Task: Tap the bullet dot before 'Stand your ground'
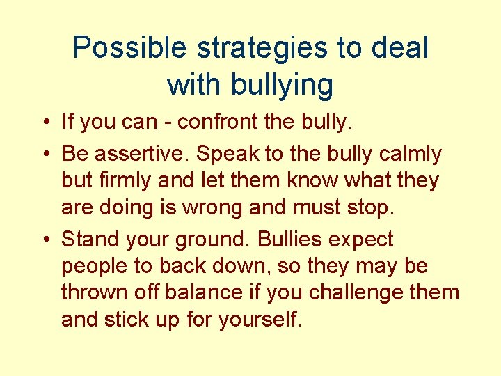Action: pos(45,240)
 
